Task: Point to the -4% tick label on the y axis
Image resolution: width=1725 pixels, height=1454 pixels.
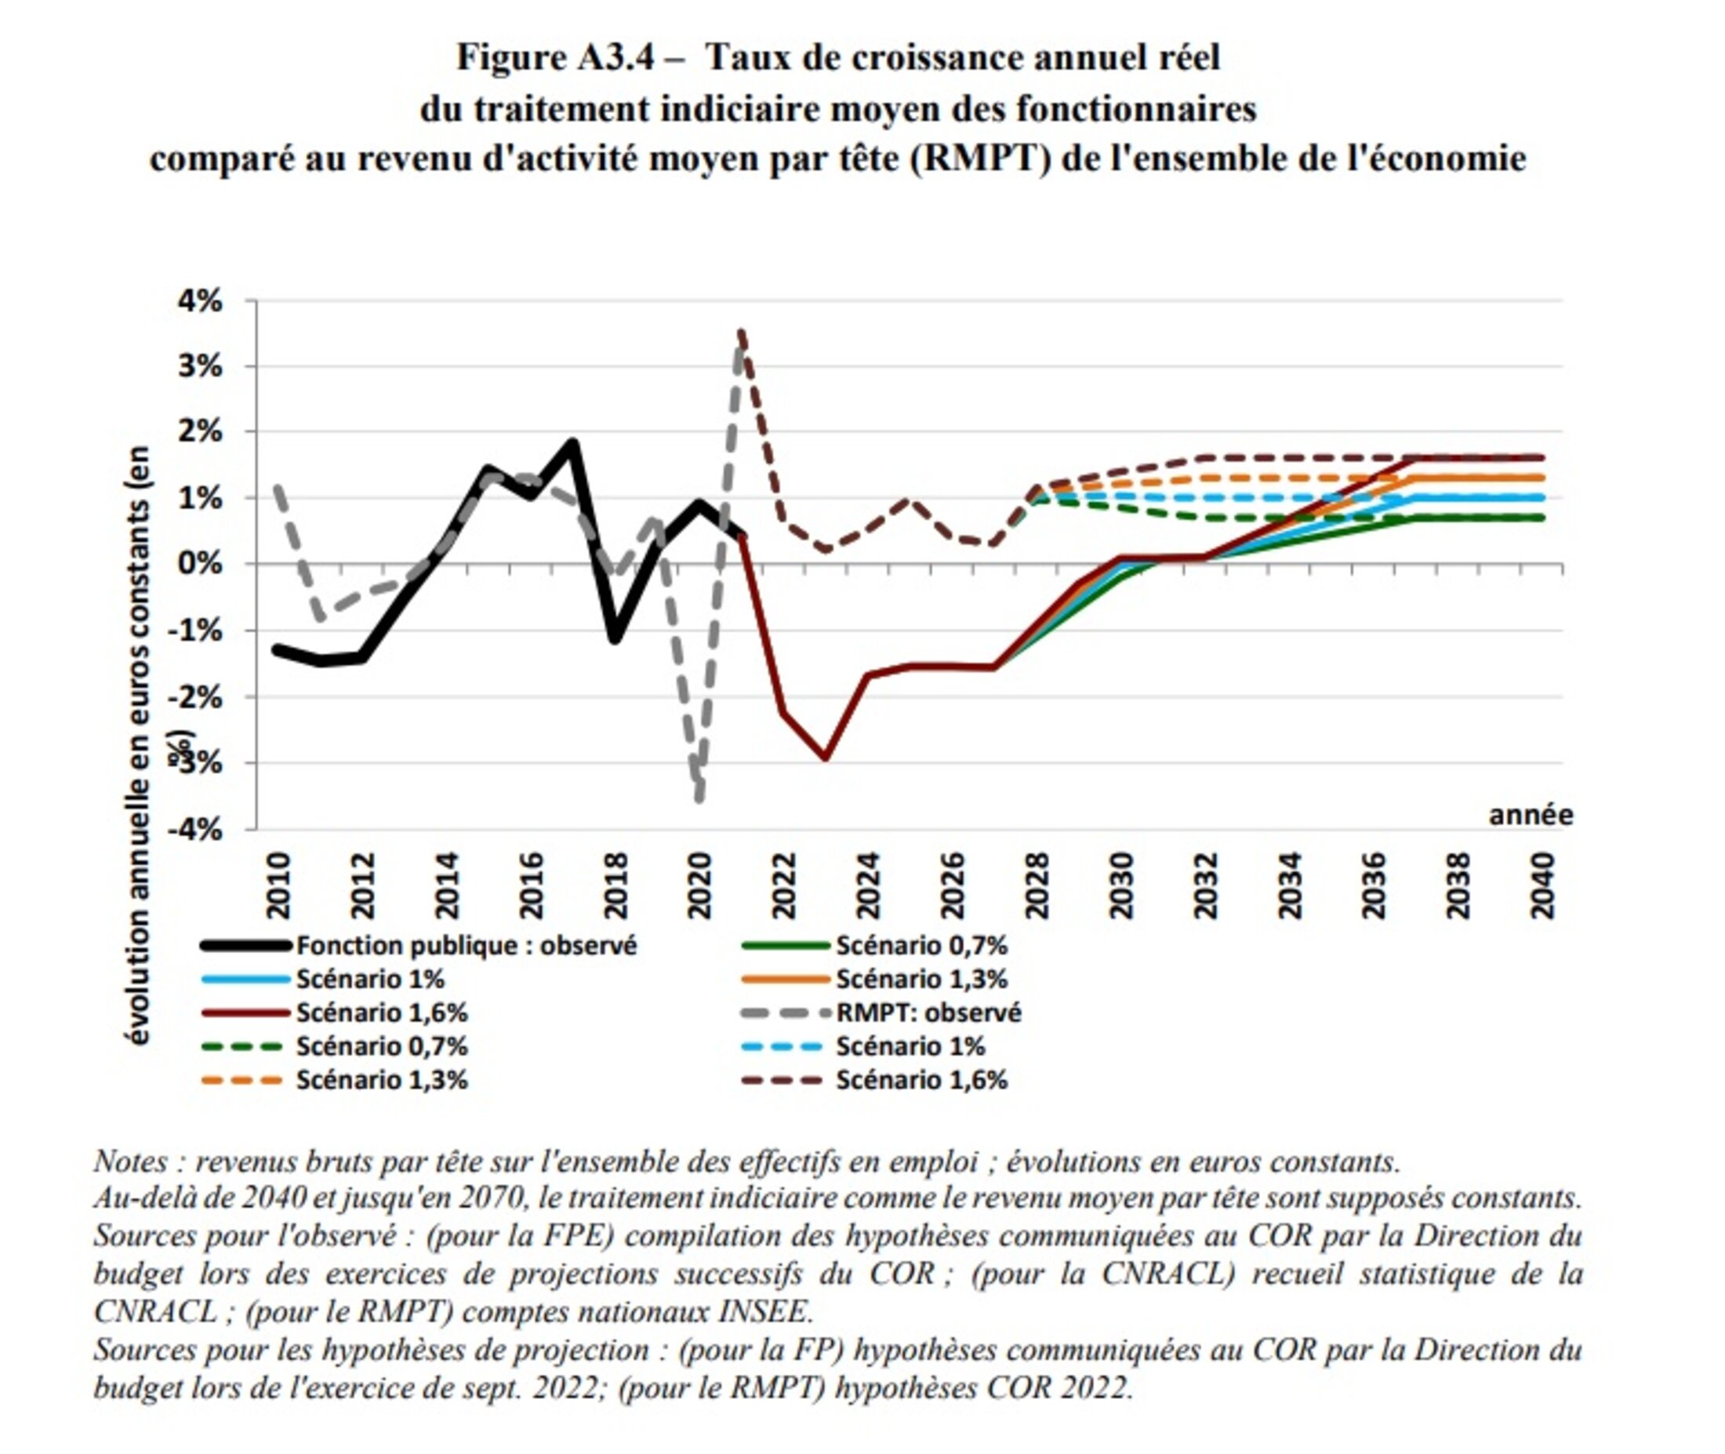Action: pos(195,829)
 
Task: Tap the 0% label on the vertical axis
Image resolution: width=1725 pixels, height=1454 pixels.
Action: pos(200,565)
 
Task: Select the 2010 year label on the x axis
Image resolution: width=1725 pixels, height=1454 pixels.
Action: pos(278,886)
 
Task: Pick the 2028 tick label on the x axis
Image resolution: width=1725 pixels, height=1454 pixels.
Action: pos(1036,886)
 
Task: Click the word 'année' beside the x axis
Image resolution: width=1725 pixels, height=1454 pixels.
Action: pos(1531,814)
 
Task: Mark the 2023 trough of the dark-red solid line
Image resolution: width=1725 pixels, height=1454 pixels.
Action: pos(825,757)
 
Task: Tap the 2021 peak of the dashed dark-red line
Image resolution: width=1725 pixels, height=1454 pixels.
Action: pos(742,332)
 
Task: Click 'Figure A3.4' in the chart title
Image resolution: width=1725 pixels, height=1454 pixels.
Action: pos(554,58)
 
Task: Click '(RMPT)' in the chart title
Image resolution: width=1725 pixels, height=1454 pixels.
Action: pos(981,158)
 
